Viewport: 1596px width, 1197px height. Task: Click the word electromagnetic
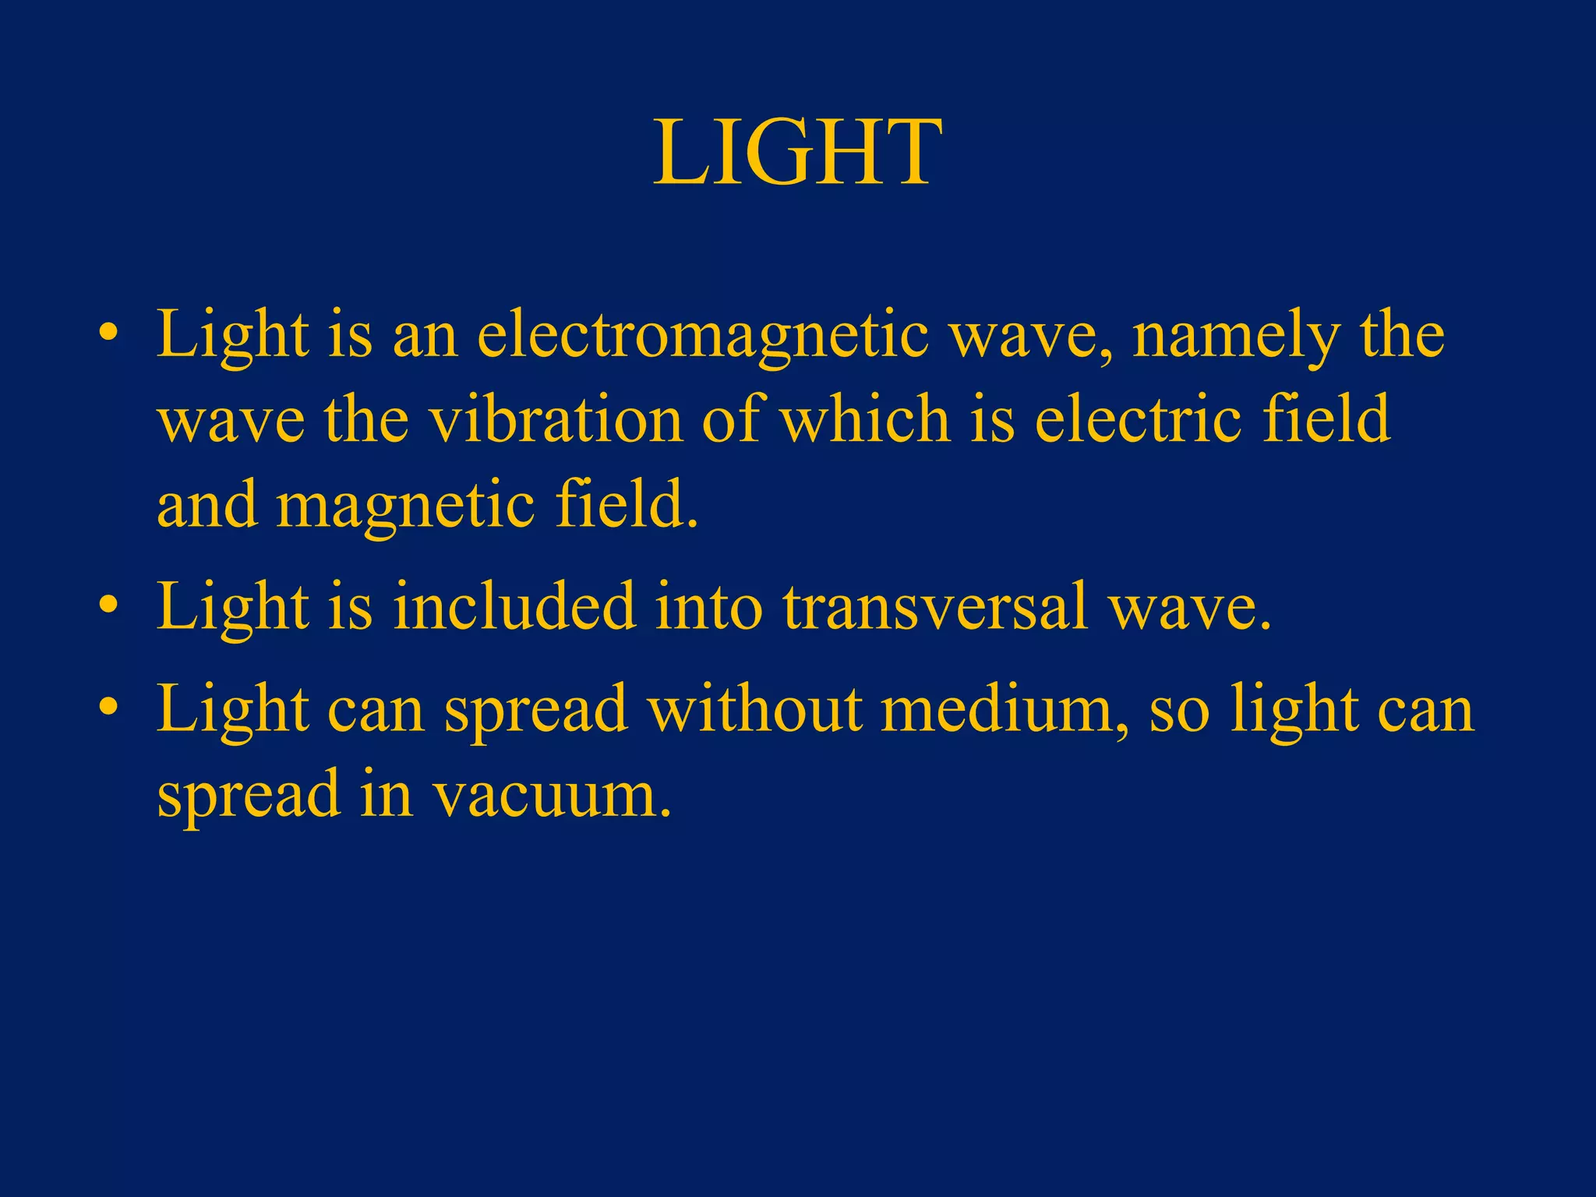[702, 335]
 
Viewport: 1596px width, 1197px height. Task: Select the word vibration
[556, 419]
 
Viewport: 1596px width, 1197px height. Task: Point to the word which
[865, 419]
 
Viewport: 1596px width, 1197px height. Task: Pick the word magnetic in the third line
[405, 505]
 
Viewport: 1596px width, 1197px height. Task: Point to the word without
[754, 709]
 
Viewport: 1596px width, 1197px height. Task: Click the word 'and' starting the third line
[207, 505]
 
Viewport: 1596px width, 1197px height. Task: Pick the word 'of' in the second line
[729, 419]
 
